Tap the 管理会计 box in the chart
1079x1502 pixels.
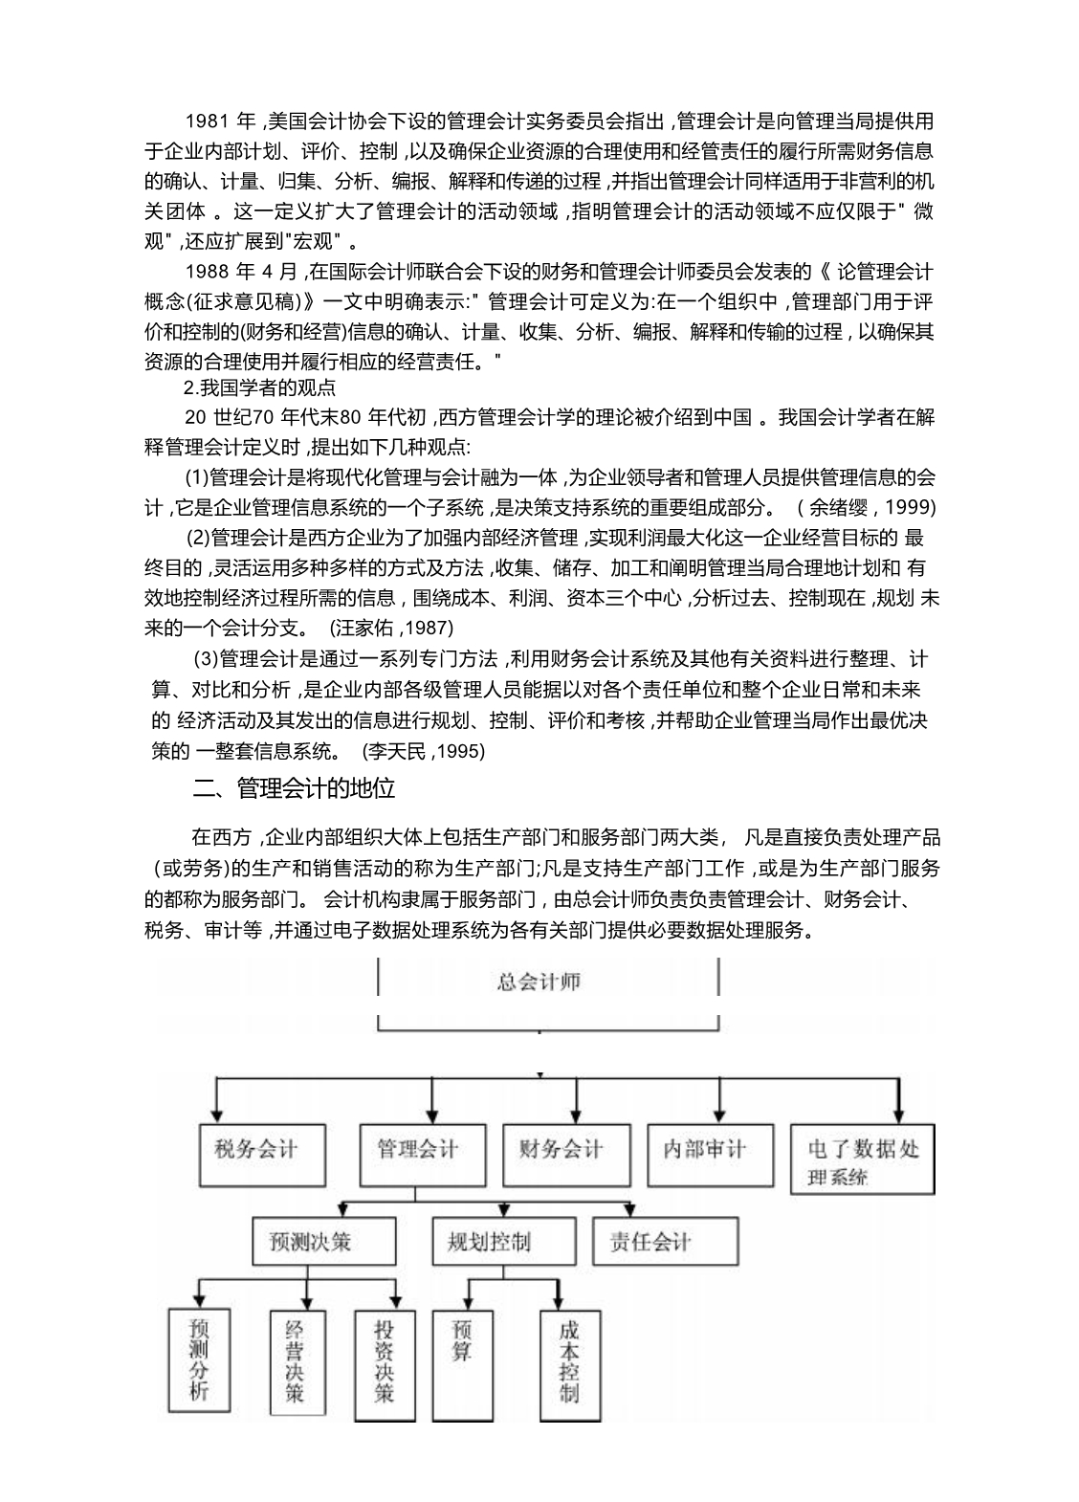pyautogui.click(x=419, y=1149)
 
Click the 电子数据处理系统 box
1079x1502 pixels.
pyautogui.click(x=862, y=1160)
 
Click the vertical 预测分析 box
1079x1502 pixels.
pyautogui.click(x=199, y=1359)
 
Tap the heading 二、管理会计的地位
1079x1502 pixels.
pyautogui.click(x=295, y=788)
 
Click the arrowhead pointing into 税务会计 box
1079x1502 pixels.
pyautogui.click(x=219, y=1113)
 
